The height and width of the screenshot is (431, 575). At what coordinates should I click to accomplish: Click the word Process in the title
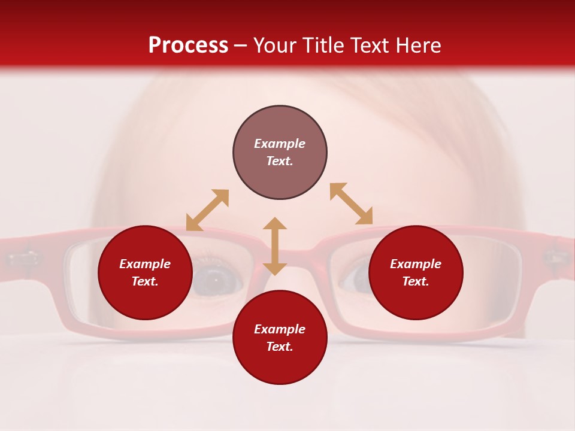[188, 45]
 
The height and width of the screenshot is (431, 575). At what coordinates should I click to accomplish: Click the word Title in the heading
[322, 45]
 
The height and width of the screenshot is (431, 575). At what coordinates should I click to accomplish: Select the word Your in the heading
[276, 45]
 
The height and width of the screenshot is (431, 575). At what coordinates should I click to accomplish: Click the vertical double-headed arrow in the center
[275, 246]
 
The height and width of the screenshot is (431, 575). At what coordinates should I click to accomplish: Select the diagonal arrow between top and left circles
[207, 210]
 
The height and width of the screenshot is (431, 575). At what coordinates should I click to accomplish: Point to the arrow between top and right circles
[351, 204]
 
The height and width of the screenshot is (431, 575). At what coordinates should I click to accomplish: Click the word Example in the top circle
[280, 144]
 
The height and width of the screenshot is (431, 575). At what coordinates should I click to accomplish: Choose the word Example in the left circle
[145, 264]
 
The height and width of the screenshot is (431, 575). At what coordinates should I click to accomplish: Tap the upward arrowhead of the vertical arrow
[275, 223]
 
